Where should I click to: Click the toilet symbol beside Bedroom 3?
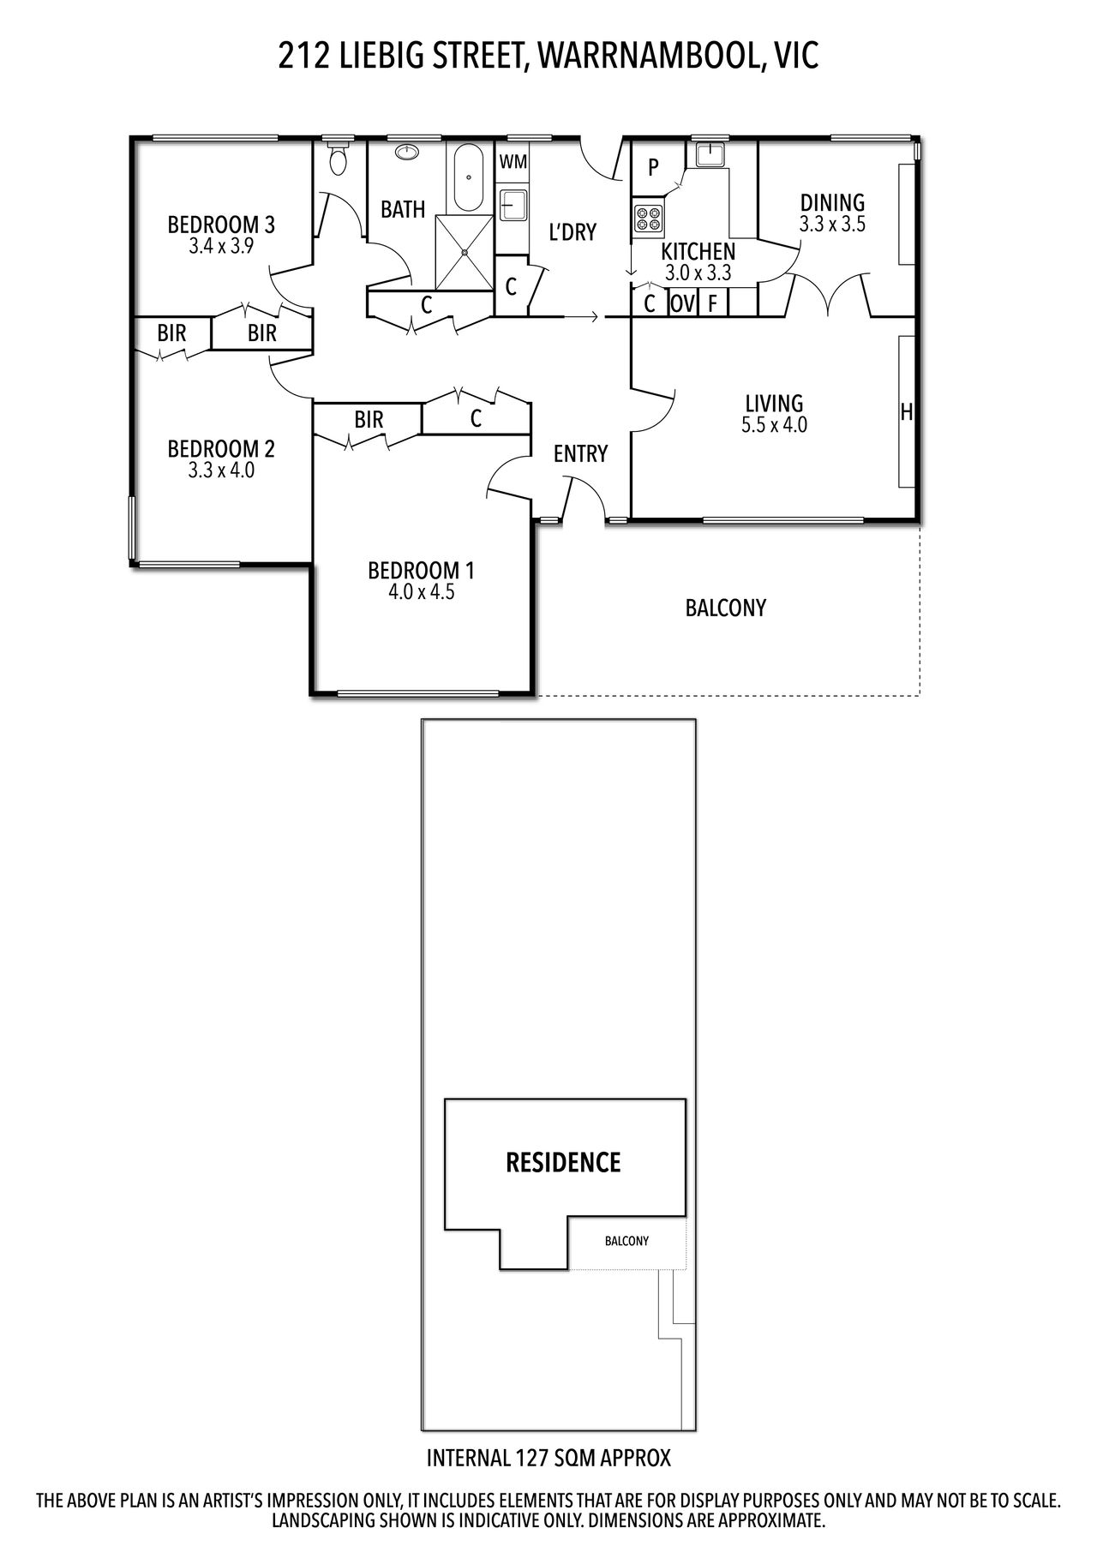(x=339, y=157)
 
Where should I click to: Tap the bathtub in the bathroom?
(x=468, y=177)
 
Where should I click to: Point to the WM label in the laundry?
(x=513, y=162)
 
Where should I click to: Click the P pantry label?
(x=653, y=167)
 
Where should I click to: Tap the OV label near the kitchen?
(x=681, y=304)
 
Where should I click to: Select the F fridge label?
(x=712, y=304)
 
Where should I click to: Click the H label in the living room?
(x=906, y=413)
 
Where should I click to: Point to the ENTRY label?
(x=580, y=453)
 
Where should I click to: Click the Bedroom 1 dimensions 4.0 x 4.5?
(x=420, y=592)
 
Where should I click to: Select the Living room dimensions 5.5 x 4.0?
(x=775, y=424)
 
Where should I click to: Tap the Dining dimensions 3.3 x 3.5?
(x=832, y=225)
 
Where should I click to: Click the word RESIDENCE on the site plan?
(x=563, y=1163)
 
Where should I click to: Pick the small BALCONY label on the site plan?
(x=626, y=1241)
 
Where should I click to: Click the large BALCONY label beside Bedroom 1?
(x=726, y=608)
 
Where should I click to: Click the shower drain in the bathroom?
(x=465, y=253)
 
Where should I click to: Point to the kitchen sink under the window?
(x=710, y=154)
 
